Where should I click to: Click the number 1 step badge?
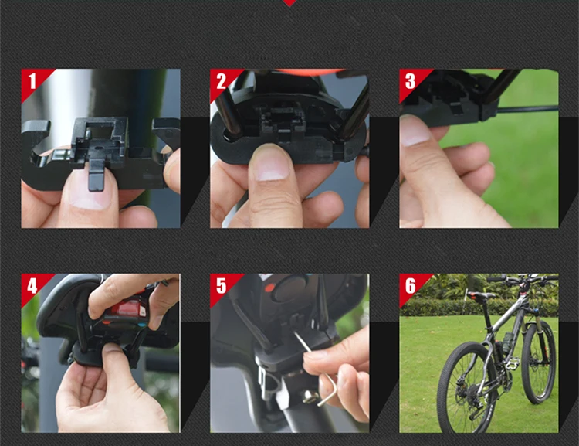point(32,80)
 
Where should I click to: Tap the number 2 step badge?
point(222,80)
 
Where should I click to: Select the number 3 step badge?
point(411,80)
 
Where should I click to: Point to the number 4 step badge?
point(32,285)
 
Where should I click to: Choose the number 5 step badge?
point(222,285)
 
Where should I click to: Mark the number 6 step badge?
point(411,285)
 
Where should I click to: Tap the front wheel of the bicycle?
point(539,362)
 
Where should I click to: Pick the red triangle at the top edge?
point(289,2)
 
